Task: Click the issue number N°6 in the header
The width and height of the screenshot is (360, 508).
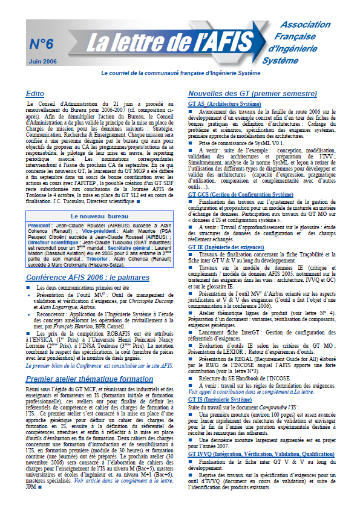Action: point(41,44)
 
